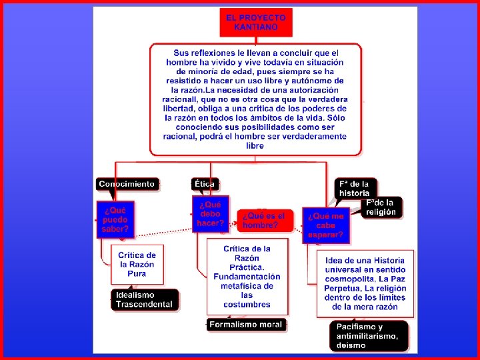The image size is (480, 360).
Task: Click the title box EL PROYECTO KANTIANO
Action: pyautogui.click(x=256, y=22)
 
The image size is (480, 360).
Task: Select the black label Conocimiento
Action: pyautogui.click(x=127, y=183)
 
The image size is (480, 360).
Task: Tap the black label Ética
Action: pyautogui.click(x=205, y=183)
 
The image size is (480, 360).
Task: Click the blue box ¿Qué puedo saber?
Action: pyautogui.click(x=115, y=219)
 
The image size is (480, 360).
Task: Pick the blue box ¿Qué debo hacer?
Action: pyautogui.click(x=210, y=214)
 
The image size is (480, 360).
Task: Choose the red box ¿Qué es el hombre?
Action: pyautogui.click(x=264, y=220)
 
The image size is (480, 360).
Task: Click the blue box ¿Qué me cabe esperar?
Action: pyautogui.click(x=326, y=225)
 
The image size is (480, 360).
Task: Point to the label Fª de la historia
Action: pyautogui.click(x=355, y=188)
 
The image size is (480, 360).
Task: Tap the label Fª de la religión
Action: pyautogui.click(x=381, y=207)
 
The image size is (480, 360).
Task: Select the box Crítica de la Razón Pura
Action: pyautogui.click(x=137, y=264)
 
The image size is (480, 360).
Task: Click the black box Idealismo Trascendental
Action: pyautogui.click(x=144, y=299)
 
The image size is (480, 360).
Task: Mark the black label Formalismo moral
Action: pyautogui.click(x=246, y=325)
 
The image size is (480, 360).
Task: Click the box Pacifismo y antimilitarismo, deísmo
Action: pyautogui.click(x=369, y=336)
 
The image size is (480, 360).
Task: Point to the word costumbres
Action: pyautogui.click(x=247, y=305)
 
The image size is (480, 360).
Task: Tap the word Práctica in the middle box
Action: pyautogui.click(x=247, y=267)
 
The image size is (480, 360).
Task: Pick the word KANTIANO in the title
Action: pyautogui.click(x=256, y=27)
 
